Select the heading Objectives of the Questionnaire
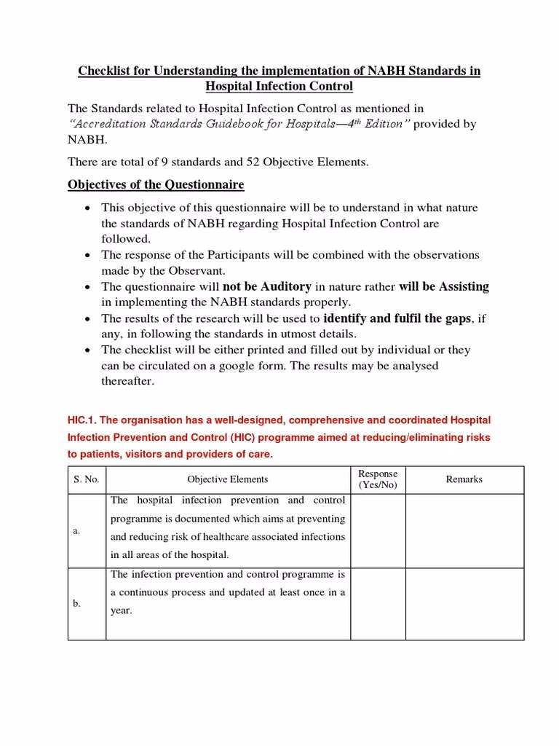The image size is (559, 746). (x=156, y=184)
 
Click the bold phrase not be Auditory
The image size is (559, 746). (x=266, y=286)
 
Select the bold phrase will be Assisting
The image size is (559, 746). (x=444, y=286)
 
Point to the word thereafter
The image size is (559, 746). (x=128, y=381)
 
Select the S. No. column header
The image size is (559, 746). (x=86, y=479)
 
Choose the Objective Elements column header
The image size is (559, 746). (x=227, y=479)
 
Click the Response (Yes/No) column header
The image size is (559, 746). (x=378, y=479)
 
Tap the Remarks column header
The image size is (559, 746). (x=464, y=479)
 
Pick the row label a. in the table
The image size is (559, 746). (x=76, y=531)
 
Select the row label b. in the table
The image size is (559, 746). (x=76, y=604)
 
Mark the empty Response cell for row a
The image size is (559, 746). (x=378, y=531)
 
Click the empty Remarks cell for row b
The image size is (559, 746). (x=464, y=604)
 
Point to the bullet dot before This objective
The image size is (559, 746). (x=87, y=208)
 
